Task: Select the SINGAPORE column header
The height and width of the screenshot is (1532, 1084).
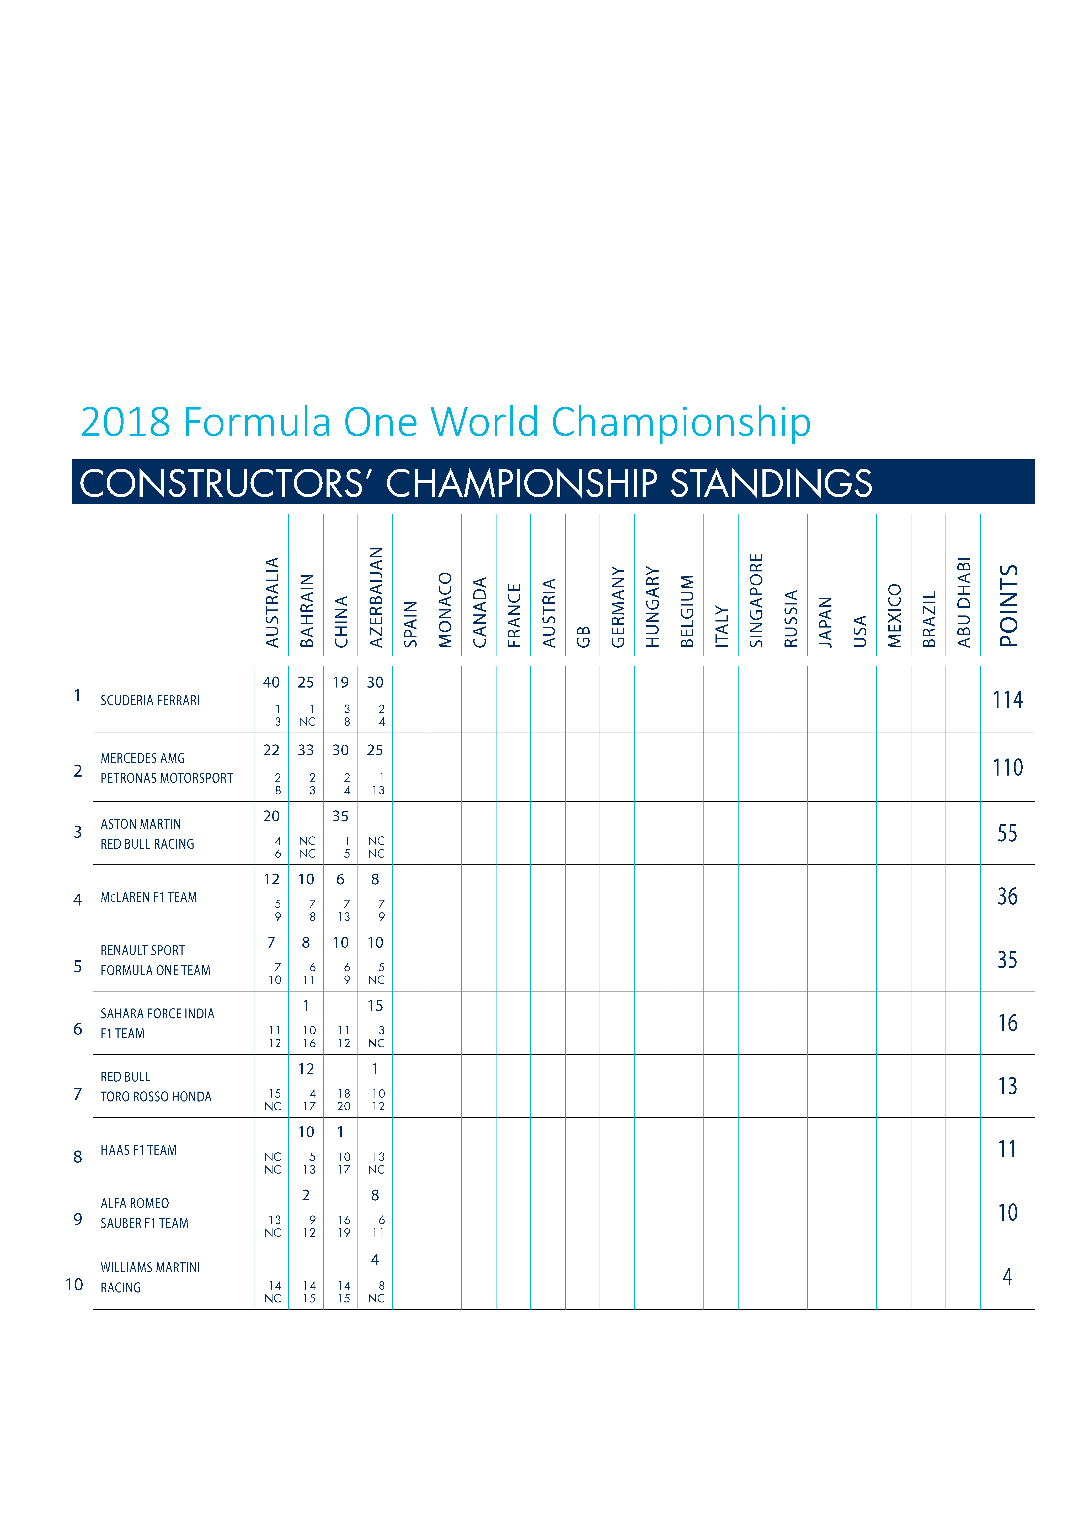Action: coord(756,601)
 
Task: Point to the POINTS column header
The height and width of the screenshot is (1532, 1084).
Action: coord(1009,606)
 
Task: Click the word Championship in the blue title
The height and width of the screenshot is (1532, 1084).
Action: coord(681,422)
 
